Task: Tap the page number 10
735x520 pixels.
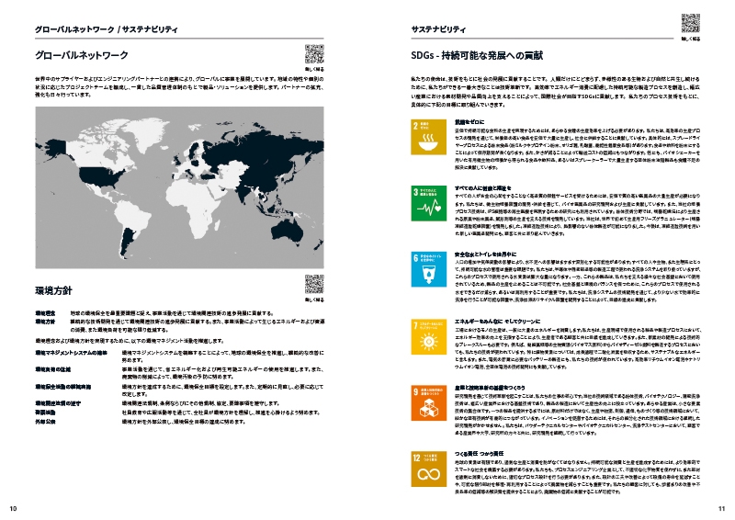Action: click(13, 508)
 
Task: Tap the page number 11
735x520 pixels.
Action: click(721, 508)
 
